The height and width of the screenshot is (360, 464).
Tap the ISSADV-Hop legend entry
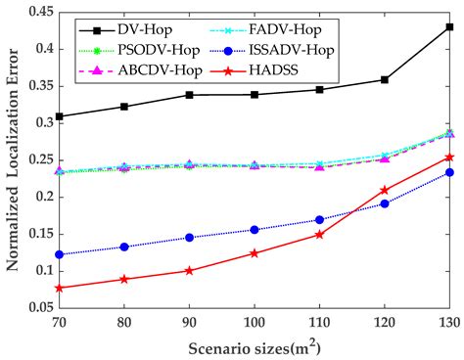[x=299, y=47]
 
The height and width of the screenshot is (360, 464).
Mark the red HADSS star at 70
[x=60, y=288]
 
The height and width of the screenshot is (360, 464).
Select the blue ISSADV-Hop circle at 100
[x=255, y=230]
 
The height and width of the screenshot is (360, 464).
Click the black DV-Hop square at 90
[x=189, y=95]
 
